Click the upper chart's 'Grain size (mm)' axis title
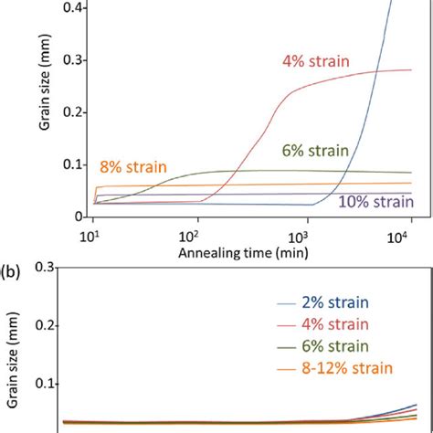coord(44,110)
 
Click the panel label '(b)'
coord(14,271)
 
